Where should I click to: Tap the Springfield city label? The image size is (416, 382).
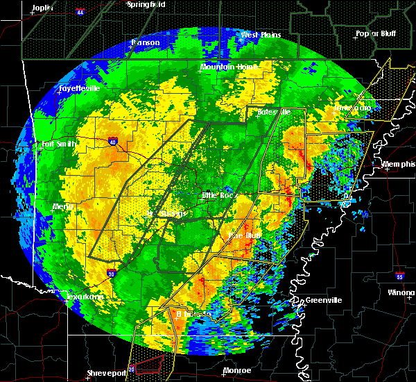tap(147, 4)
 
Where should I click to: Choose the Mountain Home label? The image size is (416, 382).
tap(228, 67)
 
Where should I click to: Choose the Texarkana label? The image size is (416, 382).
tap(85, 297)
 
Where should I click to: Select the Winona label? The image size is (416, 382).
tap(401, 292)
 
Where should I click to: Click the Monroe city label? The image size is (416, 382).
tap(237, 371)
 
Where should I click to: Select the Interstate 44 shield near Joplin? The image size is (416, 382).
tap(81, 13)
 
